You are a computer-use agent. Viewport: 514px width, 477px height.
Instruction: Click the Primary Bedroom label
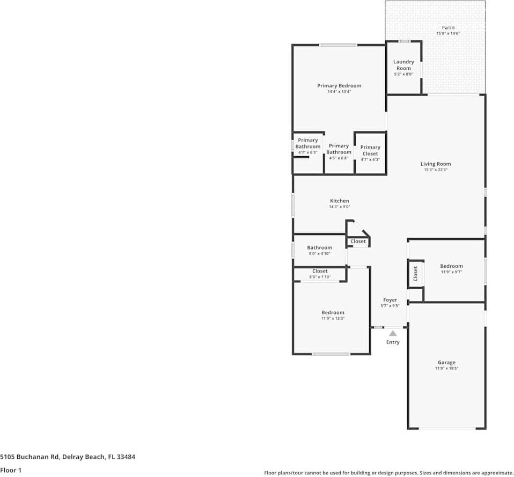coord(339,86)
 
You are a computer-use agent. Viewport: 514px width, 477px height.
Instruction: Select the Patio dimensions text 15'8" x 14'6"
coord(448,34)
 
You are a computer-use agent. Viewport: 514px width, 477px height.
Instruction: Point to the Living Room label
coord(435,164)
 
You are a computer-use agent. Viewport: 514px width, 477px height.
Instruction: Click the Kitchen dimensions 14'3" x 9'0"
coord(339,207)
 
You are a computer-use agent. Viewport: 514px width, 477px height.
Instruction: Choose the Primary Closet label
coord(370,150)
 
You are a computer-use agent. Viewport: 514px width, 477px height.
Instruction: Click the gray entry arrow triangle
coord(393,333)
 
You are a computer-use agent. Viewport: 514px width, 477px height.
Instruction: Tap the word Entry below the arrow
coord(393,342)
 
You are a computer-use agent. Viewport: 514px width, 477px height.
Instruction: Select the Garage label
coord(446,363)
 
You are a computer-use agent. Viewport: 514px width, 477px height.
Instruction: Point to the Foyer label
coord(390,300)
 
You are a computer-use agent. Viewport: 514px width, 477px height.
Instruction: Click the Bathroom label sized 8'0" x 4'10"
coord(319,248)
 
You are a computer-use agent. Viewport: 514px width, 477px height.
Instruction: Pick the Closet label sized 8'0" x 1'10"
coord(320,271)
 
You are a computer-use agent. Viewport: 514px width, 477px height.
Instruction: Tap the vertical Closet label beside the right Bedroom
coord(415,274)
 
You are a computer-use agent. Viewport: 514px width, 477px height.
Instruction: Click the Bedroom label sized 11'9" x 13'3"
coord(333,313)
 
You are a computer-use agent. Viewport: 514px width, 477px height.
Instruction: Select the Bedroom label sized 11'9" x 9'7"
coord(451,266)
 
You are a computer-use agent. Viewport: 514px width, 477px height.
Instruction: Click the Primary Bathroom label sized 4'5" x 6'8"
coord(339,149)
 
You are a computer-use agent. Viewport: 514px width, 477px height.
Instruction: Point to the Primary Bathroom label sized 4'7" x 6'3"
coord(308,143)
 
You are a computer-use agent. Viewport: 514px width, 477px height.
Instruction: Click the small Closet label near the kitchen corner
coord(358,241)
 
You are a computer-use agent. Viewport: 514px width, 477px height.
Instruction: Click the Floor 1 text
coord(10,470)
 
